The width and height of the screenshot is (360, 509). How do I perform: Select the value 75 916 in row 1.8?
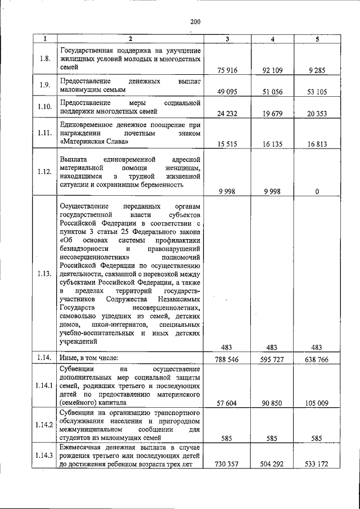tap(226, 70)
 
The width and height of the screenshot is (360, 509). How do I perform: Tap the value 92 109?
tap(272, 70)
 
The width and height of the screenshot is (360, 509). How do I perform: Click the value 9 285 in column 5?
tap(317, 70)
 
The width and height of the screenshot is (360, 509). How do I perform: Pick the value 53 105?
tap(317, 92)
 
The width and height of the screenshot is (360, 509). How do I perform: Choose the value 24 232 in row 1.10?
tap(226, 113)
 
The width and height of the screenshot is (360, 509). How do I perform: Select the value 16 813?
tap(317, 144)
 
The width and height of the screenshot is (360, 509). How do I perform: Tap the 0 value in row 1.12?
tap(317, 191)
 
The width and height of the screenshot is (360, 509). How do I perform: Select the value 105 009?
tap(317, 403)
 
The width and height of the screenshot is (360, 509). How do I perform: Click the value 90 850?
tap(272, 403)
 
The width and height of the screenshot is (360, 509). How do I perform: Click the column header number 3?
tap(227, 38)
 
